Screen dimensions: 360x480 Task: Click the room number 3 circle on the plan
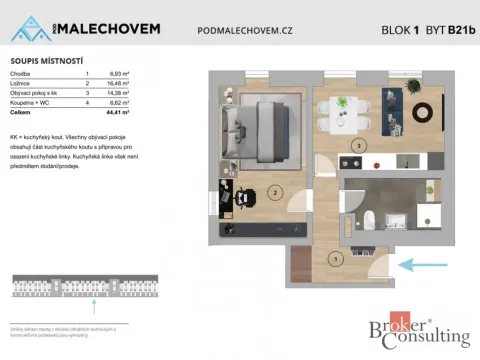357,145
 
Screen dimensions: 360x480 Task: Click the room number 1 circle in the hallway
335,259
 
